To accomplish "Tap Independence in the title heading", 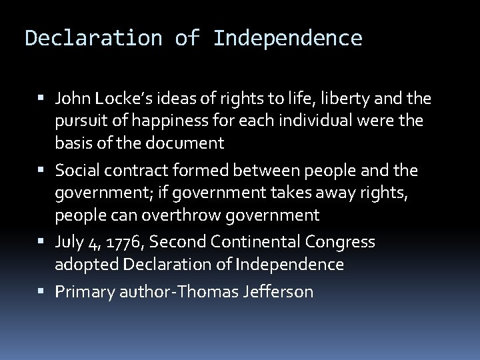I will click(287, 38).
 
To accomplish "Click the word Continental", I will click(255, 241).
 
